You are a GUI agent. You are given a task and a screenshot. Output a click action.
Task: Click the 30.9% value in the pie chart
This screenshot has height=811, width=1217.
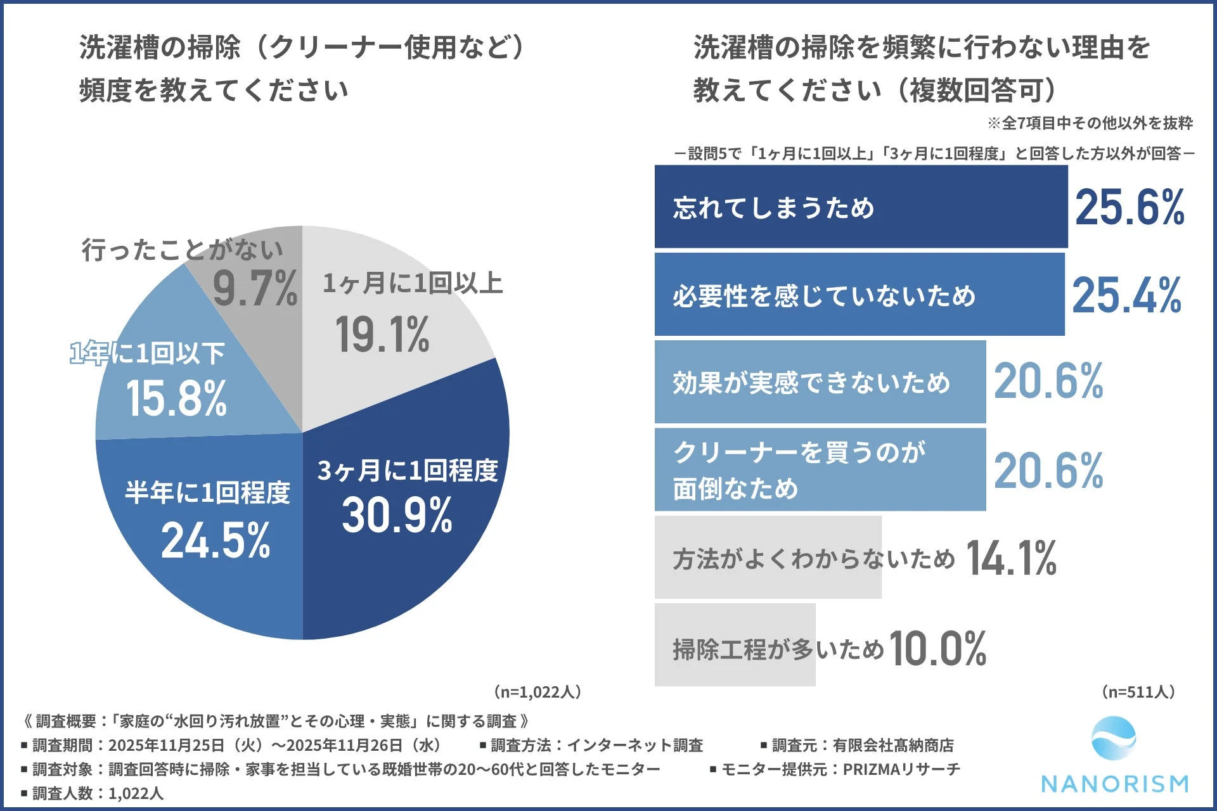[x=397, y=515]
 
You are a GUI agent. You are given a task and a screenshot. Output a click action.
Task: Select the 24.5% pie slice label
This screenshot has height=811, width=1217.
[x=216, y=540]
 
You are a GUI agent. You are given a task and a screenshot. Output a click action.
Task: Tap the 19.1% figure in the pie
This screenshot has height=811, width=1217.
[x=382, y=335]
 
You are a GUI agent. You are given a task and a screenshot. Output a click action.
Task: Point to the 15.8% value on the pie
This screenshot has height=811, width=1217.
[x=176, y=399]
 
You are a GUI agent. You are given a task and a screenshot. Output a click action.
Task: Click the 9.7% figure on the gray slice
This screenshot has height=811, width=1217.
[x=255, y=288]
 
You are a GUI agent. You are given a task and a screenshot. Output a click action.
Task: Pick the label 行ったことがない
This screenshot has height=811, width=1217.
[x=182, y=249]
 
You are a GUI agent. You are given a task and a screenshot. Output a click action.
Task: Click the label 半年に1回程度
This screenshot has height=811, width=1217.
[x=207, y=492]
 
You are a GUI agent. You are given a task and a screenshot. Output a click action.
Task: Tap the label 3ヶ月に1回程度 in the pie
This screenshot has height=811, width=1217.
[x=408, y=470]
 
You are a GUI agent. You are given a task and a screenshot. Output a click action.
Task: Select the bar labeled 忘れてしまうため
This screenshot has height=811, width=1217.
[x=860, y=207]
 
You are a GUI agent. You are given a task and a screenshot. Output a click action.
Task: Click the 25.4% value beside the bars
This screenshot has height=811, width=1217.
[x=1126, y=295]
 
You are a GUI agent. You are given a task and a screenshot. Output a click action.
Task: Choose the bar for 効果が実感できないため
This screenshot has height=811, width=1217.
[x=820, y=382]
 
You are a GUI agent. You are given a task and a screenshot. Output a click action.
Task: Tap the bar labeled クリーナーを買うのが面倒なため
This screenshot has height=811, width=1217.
[x=820, y=469]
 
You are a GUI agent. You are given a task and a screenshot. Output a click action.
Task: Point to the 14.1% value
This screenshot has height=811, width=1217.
[x=1011, y=558]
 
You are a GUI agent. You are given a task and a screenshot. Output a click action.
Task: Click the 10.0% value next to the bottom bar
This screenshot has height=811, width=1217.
[x=937, y=648]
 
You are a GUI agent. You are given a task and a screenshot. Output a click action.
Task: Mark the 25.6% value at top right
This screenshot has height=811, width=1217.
[x=1130, y=207]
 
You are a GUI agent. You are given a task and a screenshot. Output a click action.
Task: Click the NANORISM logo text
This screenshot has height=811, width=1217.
[x=1115, y=784]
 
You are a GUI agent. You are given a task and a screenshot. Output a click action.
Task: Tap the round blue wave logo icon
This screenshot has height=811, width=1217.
[x=1114, y=739]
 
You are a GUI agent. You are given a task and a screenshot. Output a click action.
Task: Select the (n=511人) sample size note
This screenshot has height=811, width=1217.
[x=1138, y=691]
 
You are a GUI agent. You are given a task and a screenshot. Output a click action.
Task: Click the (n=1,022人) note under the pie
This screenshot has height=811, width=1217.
[x=537, y=691]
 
